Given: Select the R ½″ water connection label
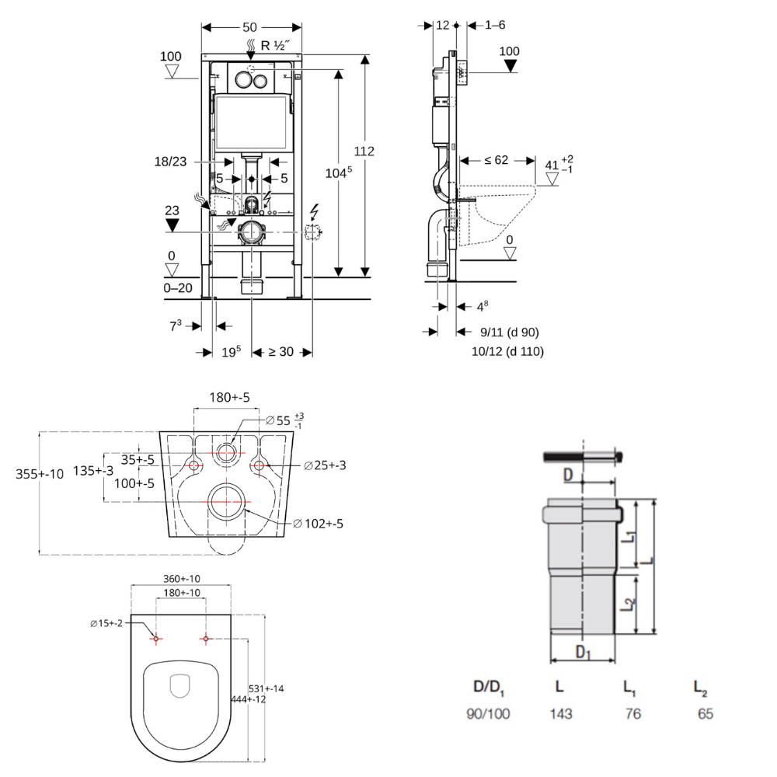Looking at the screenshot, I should pos(277,45).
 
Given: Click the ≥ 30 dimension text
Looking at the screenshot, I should pos(280,351).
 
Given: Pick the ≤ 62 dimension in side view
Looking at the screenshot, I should pos(496,161).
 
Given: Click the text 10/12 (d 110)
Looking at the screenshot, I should pos(507,351).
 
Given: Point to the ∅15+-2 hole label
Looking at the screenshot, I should pos(106,623).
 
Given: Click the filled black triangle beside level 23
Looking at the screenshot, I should pos(172,225).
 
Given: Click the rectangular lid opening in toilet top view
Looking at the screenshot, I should pos(180,684).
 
